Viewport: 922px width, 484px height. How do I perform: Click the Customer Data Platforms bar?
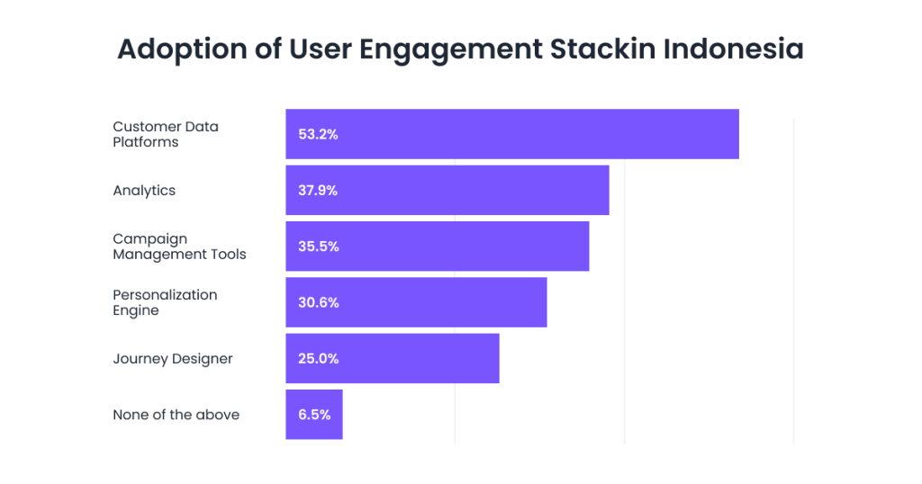540,134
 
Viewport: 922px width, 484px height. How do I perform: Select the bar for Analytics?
468,190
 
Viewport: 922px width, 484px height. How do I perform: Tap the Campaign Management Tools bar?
459,246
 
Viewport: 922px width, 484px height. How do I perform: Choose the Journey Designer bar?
414,358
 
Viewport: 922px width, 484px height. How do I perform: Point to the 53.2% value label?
318,134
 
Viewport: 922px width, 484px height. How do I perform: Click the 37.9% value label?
318,190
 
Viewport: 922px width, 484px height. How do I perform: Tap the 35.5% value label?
318,246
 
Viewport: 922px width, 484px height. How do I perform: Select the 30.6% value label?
318,302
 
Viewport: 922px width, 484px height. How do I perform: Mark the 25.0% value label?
318,358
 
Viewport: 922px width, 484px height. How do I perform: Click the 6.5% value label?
314,414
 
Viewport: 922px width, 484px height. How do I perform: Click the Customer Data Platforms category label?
166,134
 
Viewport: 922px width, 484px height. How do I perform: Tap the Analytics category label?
144,191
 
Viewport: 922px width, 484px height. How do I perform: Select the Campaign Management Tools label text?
179,246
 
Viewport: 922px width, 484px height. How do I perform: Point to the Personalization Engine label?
165,302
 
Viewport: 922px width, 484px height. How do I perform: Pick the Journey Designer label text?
173,359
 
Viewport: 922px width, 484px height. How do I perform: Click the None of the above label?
176,415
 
